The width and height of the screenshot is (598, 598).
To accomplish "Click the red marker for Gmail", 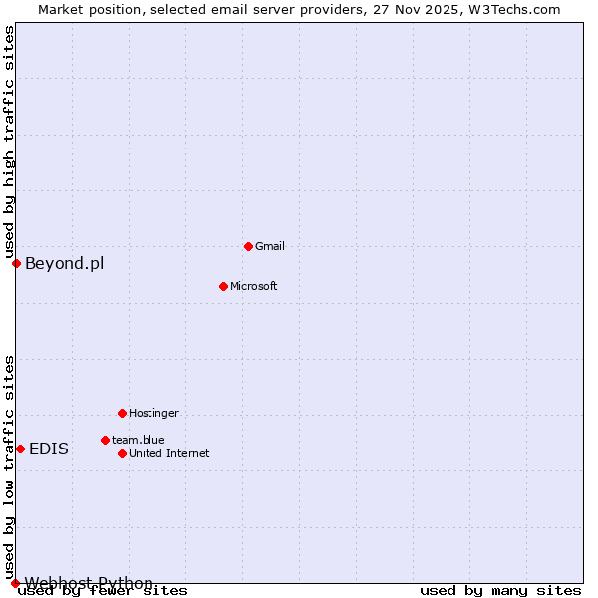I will [x=248, y=246].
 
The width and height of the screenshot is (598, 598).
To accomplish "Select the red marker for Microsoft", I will [x=223, y=286].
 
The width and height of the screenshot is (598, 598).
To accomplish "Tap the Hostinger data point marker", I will [x=122, y=413].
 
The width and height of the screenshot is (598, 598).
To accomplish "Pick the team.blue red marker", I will [x=105, y=440].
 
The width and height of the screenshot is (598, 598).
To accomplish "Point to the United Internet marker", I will [x=122, y=453].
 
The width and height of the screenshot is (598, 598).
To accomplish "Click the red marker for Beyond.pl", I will [x=16, y=263].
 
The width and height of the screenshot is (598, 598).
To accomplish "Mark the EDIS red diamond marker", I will [x=20, y=448].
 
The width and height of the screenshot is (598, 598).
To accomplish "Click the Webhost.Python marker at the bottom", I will [x=15, y=583].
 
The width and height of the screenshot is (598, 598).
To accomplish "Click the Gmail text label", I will [x=270, y=246].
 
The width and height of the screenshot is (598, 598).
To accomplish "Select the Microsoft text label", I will [x=254, y=286].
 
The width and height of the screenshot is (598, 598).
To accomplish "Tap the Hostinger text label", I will [x=153, y=413].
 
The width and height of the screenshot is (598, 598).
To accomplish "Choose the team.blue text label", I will [x=139, y=440].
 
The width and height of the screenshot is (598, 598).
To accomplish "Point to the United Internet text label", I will [x=169, y=453].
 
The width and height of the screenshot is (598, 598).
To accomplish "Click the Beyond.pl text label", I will [x=64, y=263].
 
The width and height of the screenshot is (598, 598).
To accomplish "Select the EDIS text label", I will [x=49, y=448].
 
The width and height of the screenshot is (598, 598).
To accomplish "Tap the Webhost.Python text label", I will [x=90, y=583].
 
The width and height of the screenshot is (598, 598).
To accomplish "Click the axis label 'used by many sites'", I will [x=500, y=590].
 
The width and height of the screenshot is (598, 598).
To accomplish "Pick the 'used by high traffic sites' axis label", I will [x=10, y=142].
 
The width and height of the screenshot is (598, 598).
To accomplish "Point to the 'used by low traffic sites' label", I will [x=10, y=466].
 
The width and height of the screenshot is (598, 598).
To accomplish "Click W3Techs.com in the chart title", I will [x=515, y=9].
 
